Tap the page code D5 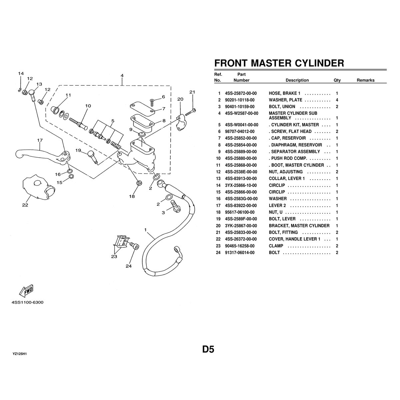point(208,349)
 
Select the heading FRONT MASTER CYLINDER point(279,63)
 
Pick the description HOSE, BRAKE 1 point(285,94)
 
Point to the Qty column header point(337,80)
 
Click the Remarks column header point(365,80)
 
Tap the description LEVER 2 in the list point(277,205)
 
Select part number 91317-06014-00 point(240,253)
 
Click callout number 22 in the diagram point(25,205)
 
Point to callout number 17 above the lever point(40,140)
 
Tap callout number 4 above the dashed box point(122,76)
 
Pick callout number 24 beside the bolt point(129,266)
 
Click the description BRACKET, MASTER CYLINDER point(299,226)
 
